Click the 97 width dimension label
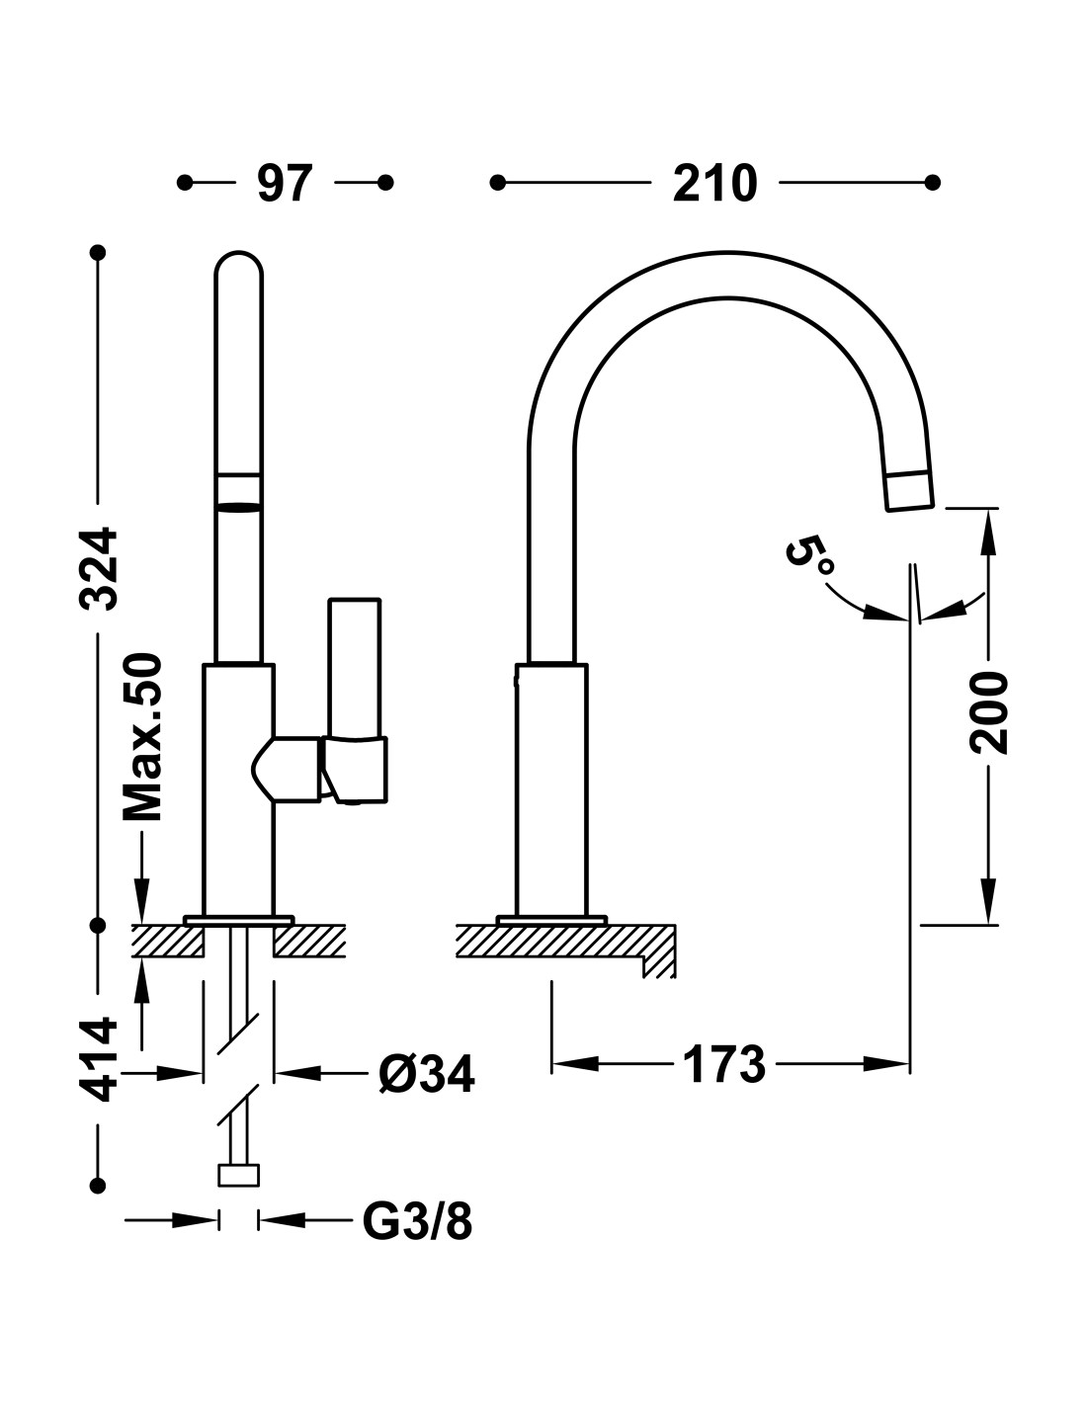click(x=285, y=183)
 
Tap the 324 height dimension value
click(x=99, y=569)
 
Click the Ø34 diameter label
click(x=427, y=1074)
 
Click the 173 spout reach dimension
click(x=723, y=1064)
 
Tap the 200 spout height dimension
click(x=989, y=711)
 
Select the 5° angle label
click(x=809, y=554)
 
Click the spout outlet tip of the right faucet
click(x=909, y=491)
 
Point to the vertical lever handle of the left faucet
click(x=354, y=667)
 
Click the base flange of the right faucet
click(x=551, y=920)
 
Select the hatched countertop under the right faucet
click(x=566, y=944)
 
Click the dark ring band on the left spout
click(x=238, y=507)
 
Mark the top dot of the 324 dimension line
click(x=98, y=252)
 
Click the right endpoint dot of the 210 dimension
click(x=933, y=183)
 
